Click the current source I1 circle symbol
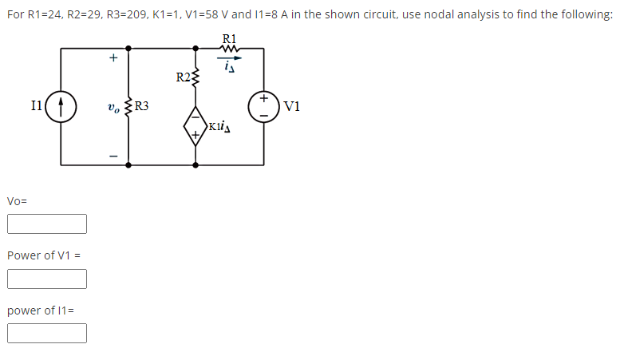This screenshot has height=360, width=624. [61, 107]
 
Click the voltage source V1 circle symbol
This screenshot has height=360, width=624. [263, 107]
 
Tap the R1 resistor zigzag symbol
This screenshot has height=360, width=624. [229, 48]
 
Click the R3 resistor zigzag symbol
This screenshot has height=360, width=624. [128, 107]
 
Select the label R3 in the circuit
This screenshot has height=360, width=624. [141, 105]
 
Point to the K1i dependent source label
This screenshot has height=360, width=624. [218, 126]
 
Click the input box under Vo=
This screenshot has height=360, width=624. [47, 224]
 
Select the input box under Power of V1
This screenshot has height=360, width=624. [47, 279]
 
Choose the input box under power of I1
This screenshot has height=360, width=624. [47, 333]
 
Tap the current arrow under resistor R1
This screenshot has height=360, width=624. [229, 57]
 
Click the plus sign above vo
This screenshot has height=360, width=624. [113, 58]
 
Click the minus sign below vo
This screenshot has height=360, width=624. [113, 156]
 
